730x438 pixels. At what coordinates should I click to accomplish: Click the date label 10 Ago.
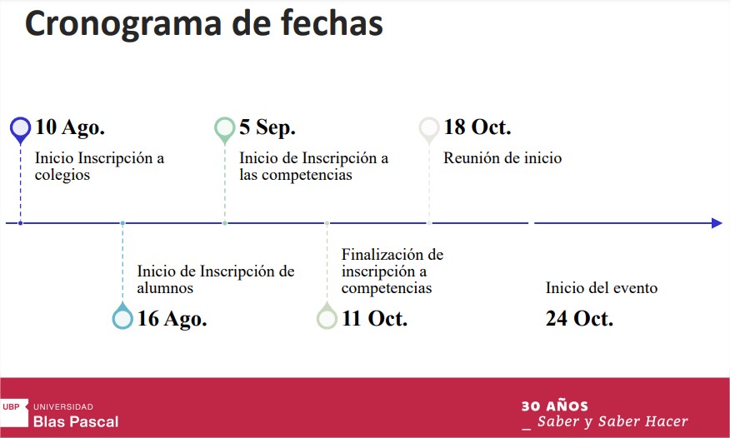pos(70,127)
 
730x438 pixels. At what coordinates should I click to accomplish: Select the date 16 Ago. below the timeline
pos(172,319)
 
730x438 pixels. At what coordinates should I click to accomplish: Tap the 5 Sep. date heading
pos(267,127)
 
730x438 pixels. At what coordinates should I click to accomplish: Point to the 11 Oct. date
pos(374,318)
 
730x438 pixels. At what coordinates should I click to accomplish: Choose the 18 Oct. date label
pos(477,127)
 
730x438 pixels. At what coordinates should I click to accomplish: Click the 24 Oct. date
pos(579,318)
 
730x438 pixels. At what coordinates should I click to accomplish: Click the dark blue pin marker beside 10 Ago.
pos(21,130)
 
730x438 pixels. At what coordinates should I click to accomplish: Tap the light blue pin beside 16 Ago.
pos(122,316)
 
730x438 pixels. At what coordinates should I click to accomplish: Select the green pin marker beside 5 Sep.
pos(224,130)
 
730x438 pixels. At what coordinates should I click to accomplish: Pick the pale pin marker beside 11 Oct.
pos(327,316)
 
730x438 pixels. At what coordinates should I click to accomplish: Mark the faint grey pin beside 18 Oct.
pos(429,130)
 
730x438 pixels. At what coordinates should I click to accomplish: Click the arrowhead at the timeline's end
pos(717,223)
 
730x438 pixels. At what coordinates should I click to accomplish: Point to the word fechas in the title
pos(332,22)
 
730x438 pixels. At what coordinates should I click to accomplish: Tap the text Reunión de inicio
pos(502,158)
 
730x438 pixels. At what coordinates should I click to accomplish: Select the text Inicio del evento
pos(602,288)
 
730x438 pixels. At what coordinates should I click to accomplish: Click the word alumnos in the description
pos(165,288)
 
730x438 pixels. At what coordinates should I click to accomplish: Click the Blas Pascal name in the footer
pos(76,421)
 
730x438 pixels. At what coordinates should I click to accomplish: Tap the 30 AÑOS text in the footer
pos(554,406)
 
